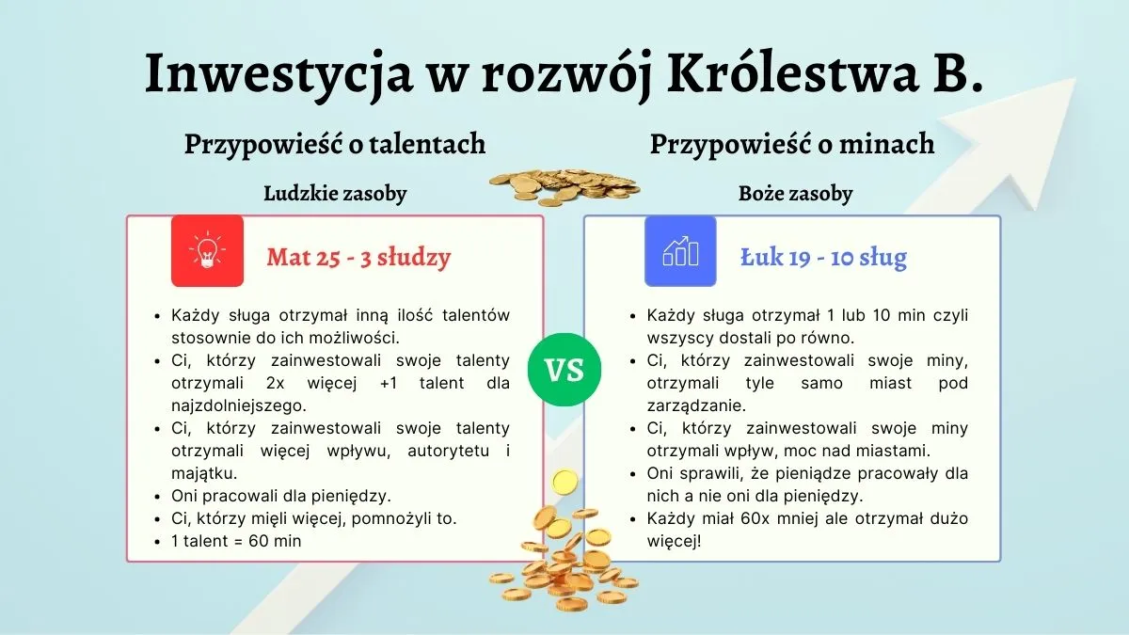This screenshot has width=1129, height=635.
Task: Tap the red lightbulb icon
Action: [x=207, y=251]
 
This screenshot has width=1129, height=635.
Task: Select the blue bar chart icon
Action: [x=680, y=251]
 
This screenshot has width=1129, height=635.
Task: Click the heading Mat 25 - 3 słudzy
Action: [x=358, y=257]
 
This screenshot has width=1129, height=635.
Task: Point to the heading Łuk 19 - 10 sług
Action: [x=823, y=257]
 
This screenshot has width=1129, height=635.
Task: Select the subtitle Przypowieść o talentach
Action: [x=335, y=144]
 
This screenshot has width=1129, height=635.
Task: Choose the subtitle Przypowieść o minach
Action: [x=792, y=144]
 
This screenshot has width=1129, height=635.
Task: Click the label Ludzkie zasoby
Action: [x=335, y=194]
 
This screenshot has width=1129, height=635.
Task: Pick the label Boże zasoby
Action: [x=795, y=194]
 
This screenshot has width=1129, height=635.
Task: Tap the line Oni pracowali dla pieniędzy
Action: [x=268, y=496]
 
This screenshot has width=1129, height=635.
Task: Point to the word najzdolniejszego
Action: [x=240, y=405]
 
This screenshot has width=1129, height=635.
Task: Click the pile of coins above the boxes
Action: [x=563, y=184]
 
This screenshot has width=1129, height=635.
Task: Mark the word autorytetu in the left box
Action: [x=455, y=451]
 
